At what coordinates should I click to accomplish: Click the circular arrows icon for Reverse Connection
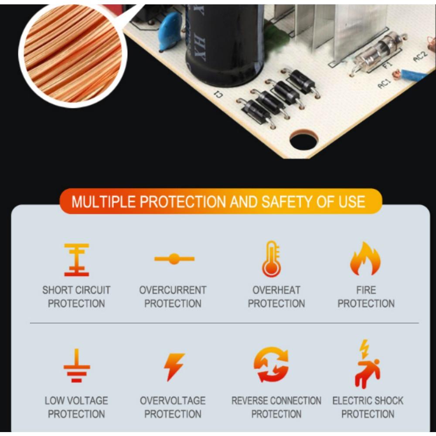click(271, 364)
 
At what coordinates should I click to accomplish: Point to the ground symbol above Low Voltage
click(77, 365)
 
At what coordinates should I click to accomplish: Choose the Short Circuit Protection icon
click(77, 259)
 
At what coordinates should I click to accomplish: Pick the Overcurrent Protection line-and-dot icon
click(174, 259)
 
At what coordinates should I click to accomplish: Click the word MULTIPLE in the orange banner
click(103, 202)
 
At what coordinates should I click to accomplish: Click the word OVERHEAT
click(276, 290)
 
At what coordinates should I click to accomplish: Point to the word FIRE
click(366, 290)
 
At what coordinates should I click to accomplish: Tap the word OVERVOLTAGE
click(173, 400)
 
